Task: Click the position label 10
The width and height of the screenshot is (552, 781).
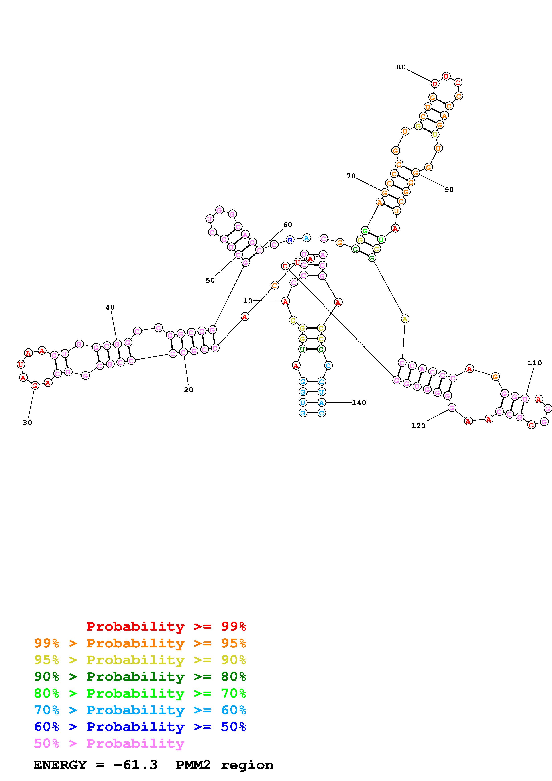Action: (x=248, y=301)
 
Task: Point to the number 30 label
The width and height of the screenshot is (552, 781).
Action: (x=27, y=423)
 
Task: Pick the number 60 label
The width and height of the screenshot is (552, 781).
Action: (x=288, y=224)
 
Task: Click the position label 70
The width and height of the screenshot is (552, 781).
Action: (x=351, y=176)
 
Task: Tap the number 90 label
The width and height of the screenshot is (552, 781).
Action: (x=449, y=190)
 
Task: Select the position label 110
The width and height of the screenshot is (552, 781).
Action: (x=535, y=363)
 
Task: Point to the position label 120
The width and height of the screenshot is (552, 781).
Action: (x=418, y=426)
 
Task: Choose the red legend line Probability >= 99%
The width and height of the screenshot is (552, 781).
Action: (x=166, y=626)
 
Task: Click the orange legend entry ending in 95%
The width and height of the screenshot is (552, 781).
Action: (x=140, y=643)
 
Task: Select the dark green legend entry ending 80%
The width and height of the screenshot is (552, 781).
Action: (x=140, y=677)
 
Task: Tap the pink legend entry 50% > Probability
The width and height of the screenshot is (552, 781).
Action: (x=109, y=743)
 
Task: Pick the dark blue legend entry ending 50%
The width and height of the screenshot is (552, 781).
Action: (x=140, y=727)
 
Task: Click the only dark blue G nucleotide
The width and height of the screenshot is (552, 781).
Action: (x=290, y=240)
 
